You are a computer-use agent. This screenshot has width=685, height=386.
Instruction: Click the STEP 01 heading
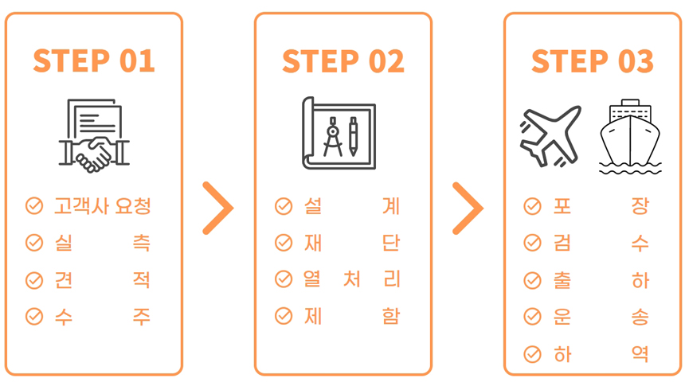(94, 60)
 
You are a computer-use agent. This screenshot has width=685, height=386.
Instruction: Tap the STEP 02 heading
(343, 60)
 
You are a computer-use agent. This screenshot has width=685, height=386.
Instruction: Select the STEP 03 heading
(593, 60)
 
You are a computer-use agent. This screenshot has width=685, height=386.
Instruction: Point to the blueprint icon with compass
(339, 133)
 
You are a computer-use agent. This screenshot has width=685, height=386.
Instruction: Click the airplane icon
(550, 136)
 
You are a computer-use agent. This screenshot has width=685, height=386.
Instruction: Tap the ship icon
(630, 137)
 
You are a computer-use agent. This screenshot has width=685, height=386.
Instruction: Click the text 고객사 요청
(103, 206)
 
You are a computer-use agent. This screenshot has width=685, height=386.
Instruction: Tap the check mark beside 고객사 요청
(34, 206)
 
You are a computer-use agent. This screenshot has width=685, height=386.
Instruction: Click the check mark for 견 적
(34, 280)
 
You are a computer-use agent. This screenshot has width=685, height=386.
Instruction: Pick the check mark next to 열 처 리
(284, 279)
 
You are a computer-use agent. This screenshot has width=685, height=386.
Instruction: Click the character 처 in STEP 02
(352, 279)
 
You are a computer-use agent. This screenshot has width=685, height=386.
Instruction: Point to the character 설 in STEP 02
(313, 206)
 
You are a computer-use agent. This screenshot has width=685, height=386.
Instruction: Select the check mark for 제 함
(284, 316)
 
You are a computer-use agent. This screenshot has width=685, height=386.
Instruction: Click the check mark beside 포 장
(533, 206)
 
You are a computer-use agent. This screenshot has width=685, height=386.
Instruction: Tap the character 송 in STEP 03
(640, 317)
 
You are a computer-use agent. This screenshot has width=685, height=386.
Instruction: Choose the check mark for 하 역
(533, 354)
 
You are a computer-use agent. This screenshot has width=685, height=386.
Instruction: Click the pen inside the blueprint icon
(353, 136)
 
